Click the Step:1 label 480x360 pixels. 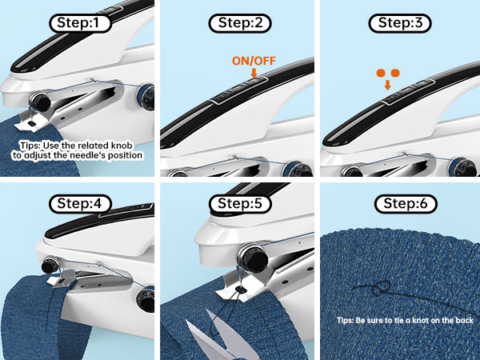(79, 22)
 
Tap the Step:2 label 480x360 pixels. (239, 22)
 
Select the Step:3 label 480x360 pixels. (399, 22)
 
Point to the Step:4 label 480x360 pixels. (79, 203)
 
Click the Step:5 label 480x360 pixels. (239, 203)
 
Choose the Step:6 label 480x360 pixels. (399, 203)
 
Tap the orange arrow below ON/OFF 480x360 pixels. (253, 73)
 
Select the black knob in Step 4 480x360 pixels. (50, 263)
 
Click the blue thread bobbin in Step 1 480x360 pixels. (149, 94)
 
